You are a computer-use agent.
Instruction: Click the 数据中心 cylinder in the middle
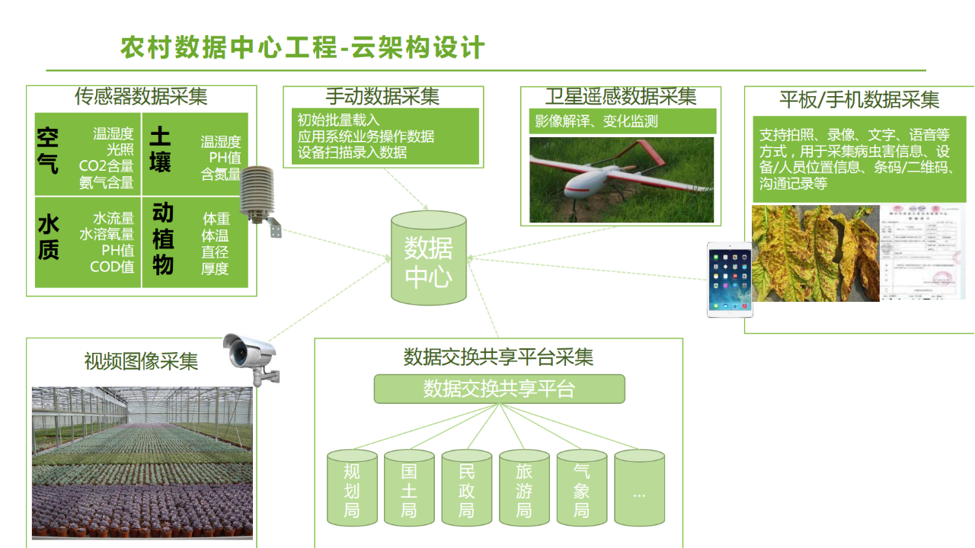click(x=428, y=259)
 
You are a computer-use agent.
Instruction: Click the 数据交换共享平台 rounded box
click(x=499, y=389)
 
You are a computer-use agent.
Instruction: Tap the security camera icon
click(x=251, y=357)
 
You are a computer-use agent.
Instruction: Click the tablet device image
click(x=730, y=280)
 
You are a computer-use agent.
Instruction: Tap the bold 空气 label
click(x=48, y=150)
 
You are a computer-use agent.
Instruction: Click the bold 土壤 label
click(x=160, y=149)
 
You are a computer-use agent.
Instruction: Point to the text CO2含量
click(x=106, y=166)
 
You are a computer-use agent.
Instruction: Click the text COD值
click(x=112, y=267)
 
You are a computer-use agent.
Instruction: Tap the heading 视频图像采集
click(x=141, y=361)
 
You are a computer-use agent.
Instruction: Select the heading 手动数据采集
click(x=382, y=97)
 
